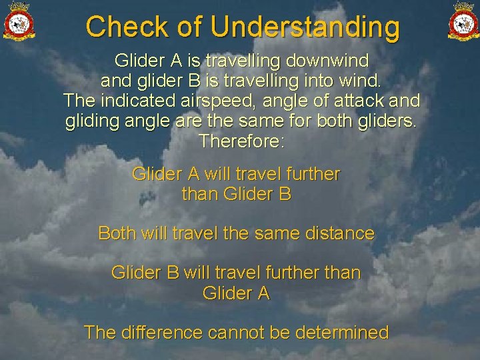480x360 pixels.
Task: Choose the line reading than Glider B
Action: [236, 195]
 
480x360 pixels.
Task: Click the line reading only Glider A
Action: [236, 293]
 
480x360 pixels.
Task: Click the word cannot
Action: [239, 332]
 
